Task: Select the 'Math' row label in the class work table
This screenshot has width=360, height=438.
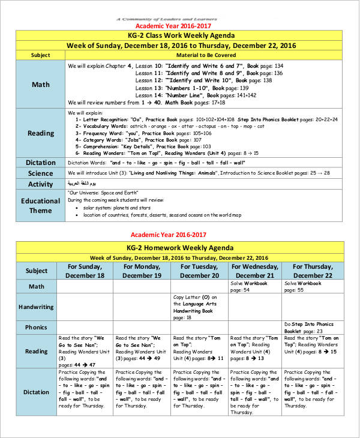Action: tap(40, 84)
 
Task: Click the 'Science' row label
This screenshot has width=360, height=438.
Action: tap(40, 173)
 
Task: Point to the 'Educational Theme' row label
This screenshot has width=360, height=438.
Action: tap(40, 205)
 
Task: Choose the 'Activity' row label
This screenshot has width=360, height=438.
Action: tap(40, 184)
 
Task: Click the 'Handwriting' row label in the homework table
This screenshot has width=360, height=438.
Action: tap(37, 307)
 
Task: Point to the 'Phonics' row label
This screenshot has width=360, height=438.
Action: tap(37, 328)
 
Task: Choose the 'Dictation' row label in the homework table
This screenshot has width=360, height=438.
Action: tap(37, 392)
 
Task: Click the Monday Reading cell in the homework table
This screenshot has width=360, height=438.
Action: tap(142, 351)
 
